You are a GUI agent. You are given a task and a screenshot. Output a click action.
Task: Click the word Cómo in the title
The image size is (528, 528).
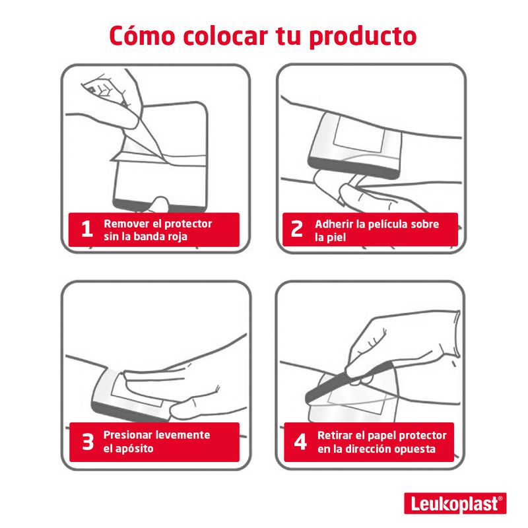click(x=142, y=36)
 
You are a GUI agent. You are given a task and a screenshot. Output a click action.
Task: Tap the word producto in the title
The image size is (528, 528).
click(x=363, y=37)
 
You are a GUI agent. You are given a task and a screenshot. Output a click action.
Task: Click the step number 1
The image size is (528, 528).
click(x=87, y=229)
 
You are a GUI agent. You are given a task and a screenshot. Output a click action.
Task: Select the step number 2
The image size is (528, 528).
click(x=296, y=229)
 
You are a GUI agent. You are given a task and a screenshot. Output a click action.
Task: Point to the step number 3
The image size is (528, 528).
click(x=88, y=442)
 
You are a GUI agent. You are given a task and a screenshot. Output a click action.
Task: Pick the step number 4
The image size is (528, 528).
click(x=300, y=442)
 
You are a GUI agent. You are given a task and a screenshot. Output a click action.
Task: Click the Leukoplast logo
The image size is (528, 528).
click(x=455, y=503)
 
